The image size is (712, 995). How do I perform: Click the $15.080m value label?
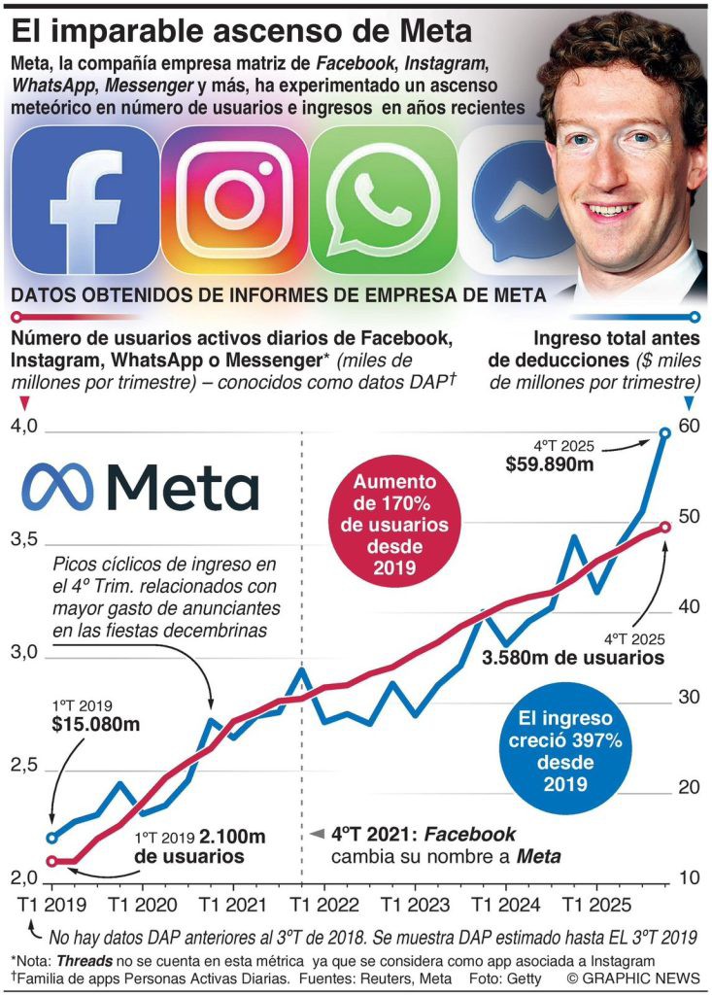[84, 724]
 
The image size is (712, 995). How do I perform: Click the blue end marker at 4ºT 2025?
[664, 433]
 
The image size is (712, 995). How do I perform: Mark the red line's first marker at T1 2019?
[51, 860]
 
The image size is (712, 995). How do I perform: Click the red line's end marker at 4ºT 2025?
[664, 527]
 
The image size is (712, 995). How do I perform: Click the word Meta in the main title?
[426, 31]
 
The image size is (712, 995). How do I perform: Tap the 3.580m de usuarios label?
[573, 658]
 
